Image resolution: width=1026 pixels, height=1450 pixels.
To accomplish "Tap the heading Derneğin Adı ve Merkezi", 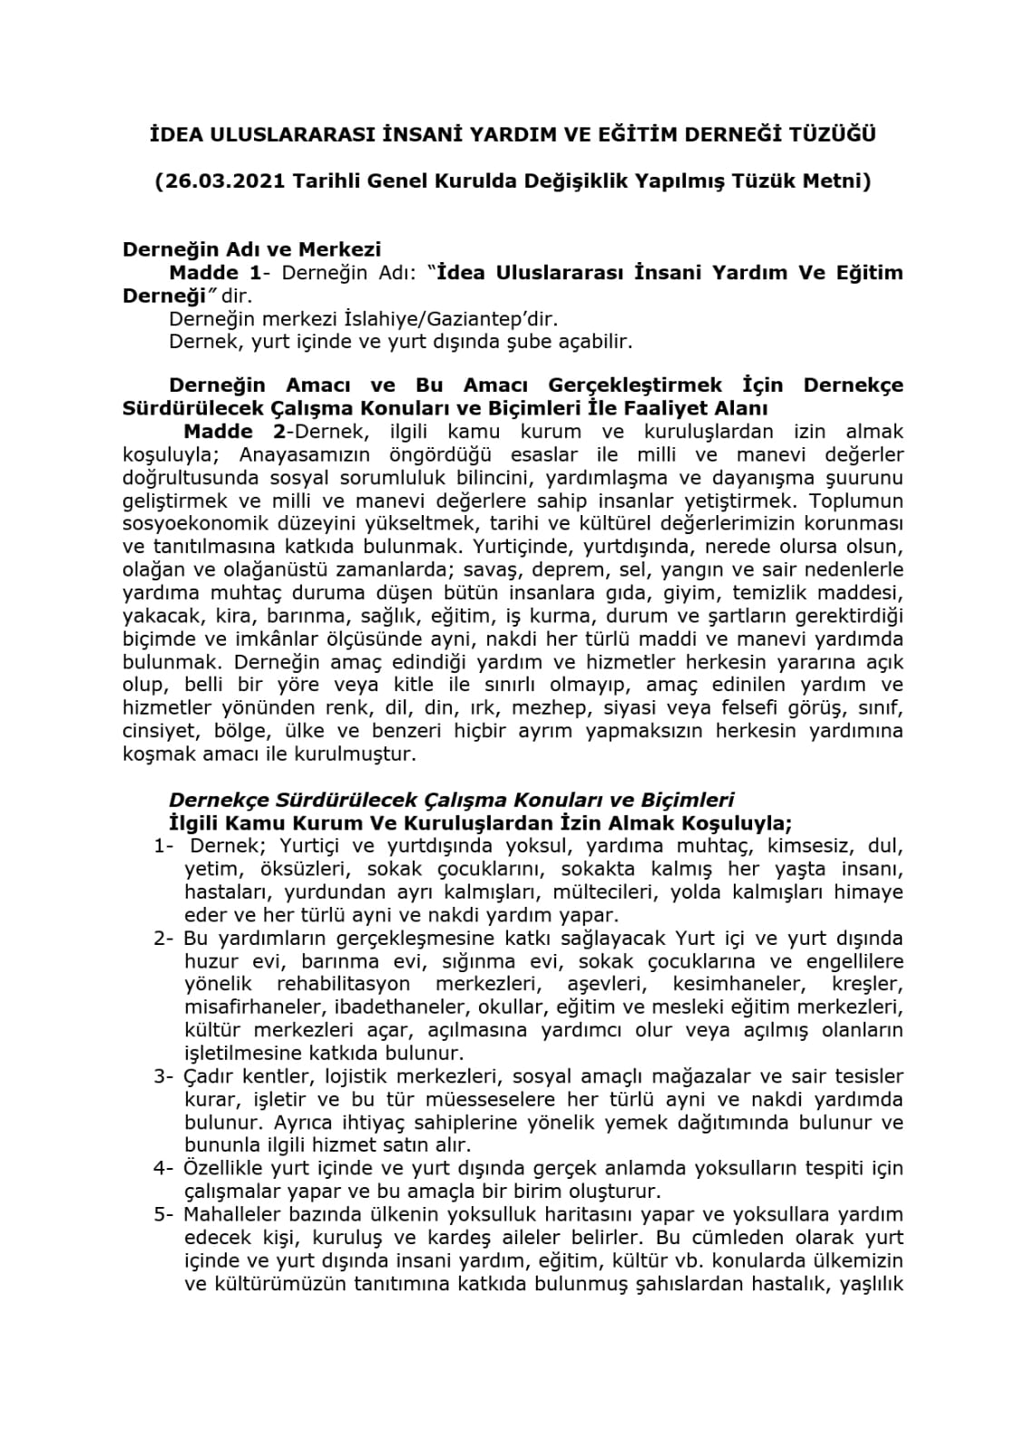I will point(252,249).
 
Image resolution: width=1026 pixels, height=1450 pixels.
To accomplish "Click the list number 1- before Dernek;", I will point(163,847).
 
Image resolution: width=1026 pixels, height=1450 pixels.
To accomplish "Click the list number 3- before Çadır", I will point(163,1077).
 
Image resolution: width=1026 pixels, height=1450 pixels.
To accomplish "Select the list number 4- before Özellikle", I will point(163,1169).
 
